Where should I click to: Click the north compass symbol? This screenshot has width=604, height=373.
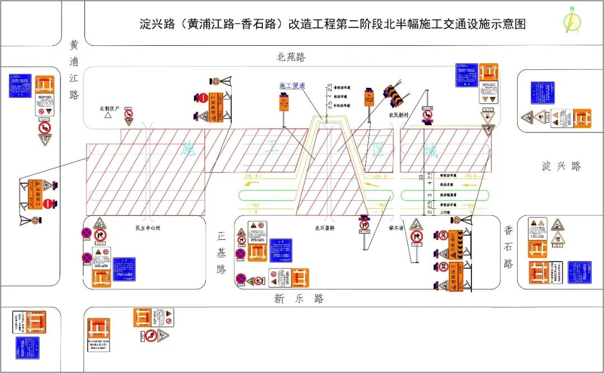click(x=572, y=21)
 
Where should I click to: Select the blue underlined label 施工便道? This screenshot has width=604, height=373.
click(x=292, y=86)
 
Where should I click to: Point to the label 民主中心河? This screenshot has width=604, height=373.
click(x=148, y=228)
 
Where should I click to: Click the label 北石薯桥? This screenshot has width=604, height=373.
click(x=324, y=228)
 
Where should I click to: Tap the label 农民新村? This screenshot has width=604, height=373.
click(x=400, y=115)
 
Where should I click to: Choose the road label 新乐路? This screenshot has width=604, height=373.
click(x=299, y=299)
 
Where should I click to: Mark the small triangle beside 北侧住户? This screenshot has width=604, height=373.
click(x=107, y=116)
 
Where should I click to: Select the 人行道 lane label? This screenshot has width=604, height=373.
click(x=445, y=213)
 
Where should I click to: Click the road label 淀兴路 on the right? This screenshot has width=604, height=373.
click(x=561, y=166)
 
